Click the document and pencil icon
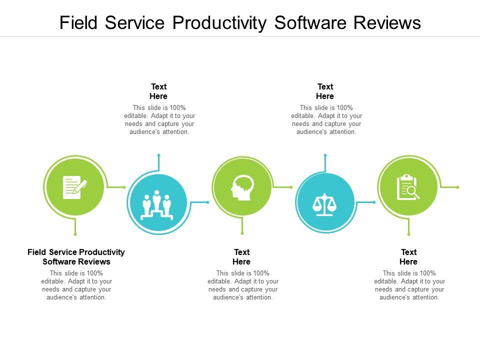[x=74, y=187]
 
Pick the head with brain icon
[x=242, y=187]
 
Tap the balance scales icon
[x=325, y=203]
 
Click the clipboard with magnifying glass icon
[x=408, y=187]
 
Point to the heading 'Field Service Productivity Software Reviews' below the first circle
[x=76, y=257]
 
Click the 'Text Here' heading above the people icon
[x=158, y=91]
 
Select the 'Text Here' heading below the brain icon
[x=242, y=257]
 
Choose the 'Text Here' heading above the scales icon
[x=325, y=91]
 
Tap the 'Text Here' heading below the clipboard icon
[x=408, y=257]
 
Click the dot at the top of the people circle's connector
[x=158, y=155]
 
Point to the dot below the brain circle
[x=242, y=233]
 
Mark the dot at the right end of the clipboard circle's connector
[x=457, y=187]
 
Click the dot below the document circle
[x=75, y=233]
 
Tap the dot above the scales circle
[x=325, y=155]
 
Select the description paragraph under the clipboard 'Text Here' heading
[x=409, y=285]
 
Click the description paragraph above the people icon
[x=159, y=119]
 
